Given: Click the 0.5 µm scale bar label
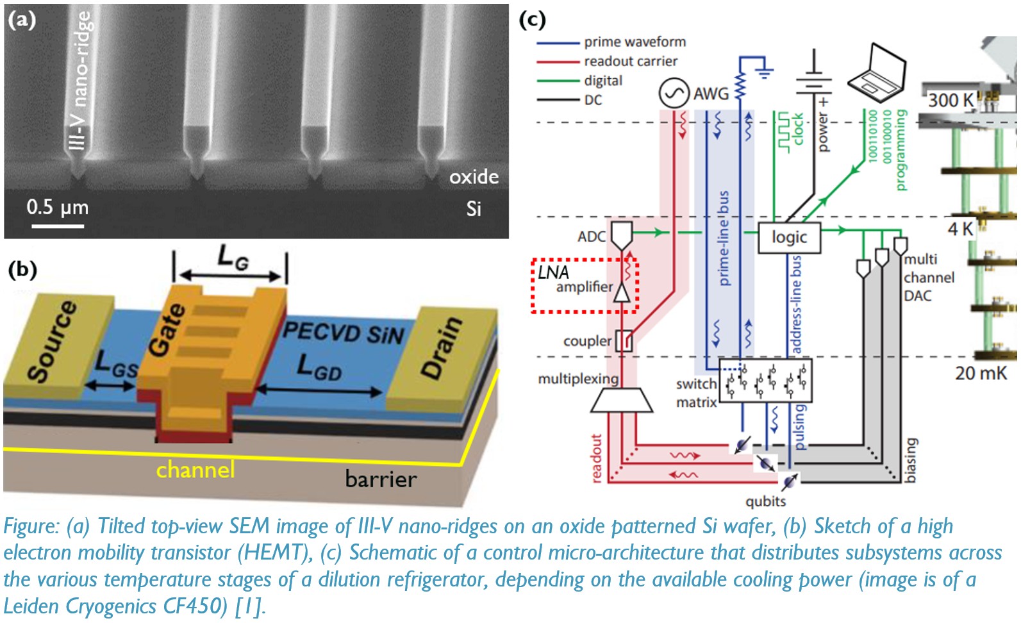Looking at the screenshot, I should coord(58,207).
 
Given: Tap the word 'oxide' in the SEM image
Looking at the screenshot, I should coord(474,176).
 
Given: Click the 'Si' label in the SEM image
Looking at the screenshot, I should coord(474,209).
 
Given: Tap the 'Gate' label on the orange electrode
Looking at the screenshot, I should coord(167,329).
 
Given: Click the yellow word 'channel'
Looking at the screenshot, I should coord(195,470).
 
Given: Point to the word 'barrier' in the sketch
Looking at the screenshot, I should coord(381,479).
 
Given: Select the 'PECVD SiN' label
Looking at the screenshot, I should coord(344,333).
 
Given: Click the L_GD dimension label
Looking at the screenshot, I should coord(319,367).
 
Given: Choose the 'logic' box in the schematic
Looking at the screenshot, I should coord(789,237).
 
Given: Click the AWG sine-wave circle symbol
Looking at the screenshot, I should coord(674,94).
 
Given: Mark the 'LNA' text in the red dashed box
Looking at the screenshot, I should coord(553,272).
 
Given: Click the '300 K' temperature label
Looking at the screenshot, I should coord(951,100).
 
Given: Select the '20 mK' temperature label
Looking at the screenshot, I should coord(981,373).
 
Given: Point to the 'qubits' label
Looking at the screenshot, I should coord(765,501).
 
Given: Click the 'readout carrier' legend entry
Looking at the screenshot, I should coord(630,61).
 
